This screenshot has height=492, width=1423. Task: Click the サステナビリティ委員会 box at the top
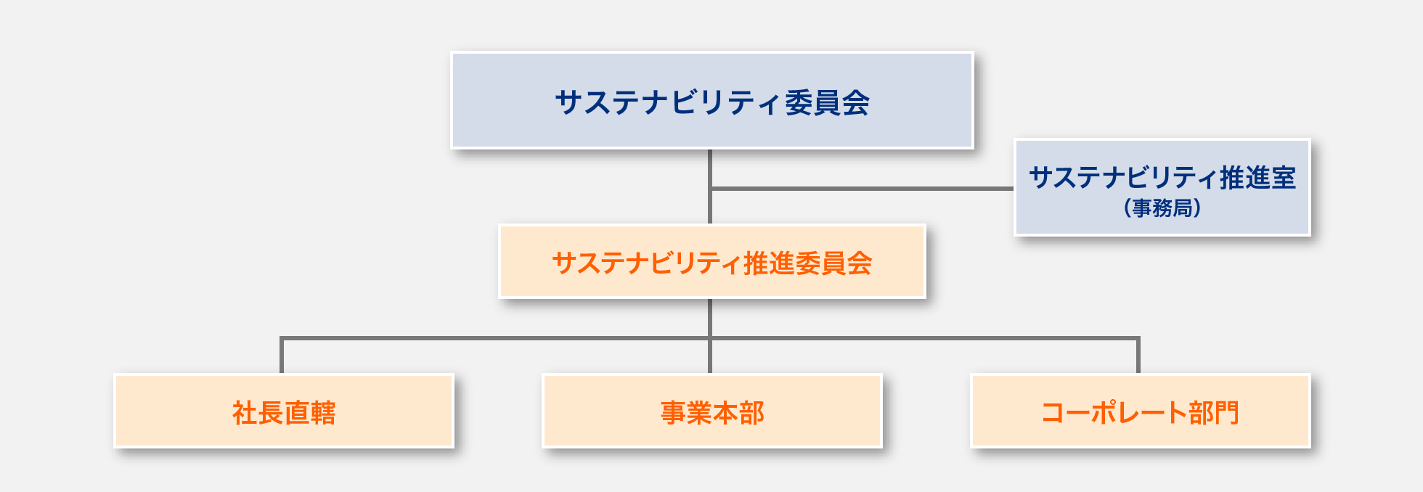711,100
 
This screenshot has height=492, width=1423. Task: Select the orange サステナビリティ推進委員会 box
711,261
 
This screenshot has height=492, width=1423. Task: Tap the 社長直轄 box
283,411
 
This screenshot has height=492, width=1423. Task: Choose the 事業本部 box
711,411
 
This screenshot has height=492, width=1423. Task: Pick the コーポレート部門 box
1140,411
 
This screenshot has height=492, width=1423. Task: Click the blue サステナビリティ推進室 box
1162,187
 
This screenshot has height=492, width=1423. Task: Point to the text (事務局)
1162,208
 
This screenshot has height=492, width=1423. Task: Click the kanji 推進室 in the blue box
1257,178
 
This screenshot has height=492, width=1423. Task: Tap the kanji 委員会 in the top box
827,102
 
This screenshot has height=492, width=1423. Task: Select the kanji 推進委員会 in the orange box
807,263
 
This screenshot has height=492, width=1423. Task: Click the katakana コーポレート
1114,413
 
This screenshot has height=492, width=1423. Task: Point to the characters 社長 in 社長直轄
258,413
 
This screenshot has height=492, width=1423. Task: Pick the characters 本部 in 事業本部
738,413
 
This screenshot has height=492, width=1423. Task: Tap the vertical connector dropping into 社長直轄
282,356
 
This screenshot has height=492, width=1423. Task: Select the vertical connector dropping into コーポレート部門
1138,356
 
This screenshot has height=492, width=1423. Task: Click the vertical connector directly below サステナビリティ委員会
710,186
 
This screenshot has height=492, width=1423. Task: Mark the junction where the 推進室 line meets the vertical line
710,189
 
